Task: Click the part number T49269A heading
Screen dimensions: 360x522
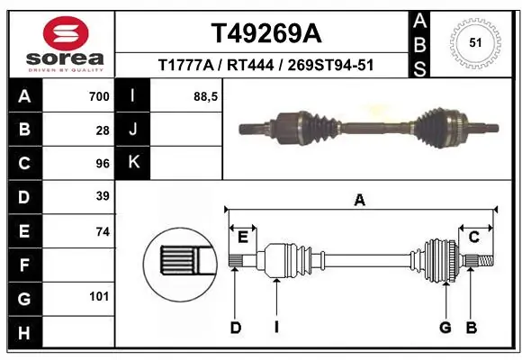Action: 265,32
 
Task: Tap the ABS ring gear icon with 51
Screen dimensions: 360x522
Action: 474,40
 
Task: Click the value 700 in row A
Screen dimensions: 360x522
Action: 99,96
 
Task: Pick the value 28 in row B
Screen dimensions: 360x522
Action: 103,130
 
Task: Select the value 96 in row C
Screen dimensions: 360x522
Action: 103,163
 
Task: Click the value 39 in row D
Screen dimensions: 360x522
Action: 103,196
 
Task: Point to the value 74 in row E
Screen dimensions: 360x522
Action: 103,230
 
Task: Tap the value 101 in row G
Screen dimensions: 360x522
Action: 99,296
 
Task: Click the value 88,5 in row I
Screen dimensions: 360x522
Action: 206,96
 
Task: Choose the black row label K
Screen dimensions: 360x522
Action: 134,163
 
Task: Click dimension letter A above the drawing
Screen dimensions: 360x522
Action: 359,201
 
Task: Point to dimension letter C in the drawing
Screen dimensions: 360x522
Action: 473,236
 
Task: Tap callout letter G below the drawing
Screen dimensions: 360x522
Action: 445,328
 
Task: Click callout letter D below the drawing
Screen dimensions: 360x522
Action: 235,328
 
